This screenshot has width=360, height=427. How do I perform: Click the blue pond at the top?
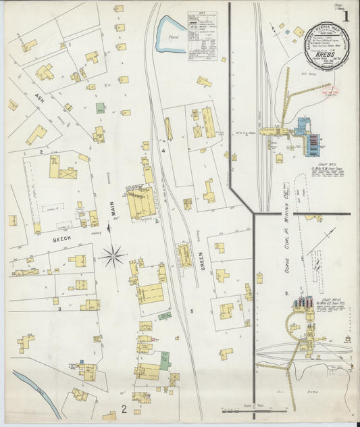pos(170,35)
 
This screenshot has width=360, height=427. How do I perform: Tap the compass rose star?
pos(113,256)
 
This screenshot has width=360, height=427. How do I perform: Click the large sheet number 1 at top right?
pos(345,17)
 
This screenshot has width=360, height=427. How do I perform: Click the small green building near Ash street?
pos(100,107)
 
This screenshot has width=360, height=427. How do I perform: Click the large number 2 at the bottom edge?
pos(124,408)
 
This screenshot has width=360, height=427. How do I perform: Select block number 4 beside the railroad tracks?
pos(163,151)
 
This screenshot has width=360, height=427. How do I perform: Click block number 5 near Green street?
pos(191,311)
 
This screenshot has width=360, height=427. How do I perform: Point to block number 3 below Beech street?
pos(59,309)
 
